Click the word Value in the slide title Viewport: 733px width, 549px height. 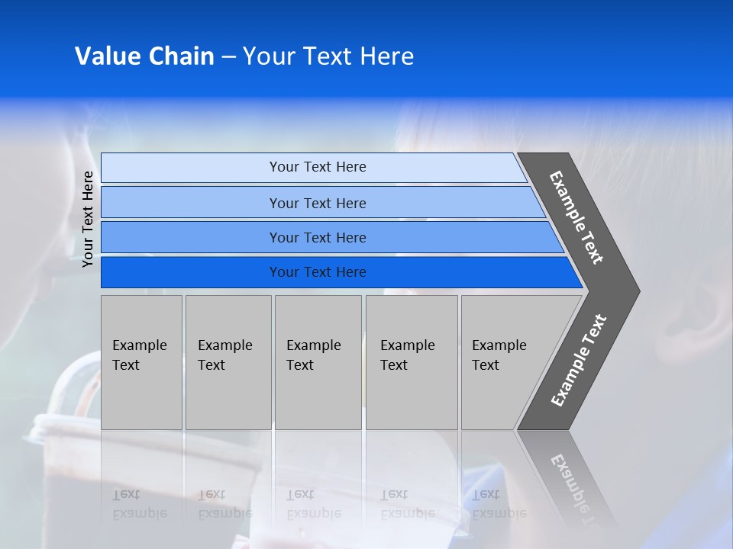click(x=107, y=56)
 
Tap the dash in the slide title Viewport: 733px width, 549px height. click(x=228, y=57)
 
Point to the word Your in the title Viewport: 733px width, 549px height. click(x=266, y=56)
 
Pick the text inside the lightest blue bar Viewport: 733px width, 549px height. click(x=318, y=167)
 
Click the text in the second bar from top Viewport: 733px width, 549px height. click(x=318, y=204)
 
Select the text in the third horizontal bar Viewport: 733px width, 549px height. click(x=318, y=238)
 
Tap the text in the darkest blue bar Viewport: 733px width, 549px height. click(x=318, y=272)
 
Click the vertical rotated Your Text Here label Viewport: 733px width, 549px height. click(x=88, y=219)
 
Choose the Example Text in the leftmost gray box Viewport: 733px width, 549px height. click(x=139, y=355)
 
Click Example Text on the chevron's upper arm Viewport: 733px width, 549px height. click(x=576, y=217)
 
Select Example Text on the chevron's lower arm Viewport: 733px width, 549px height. click(x=578, y=361)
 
